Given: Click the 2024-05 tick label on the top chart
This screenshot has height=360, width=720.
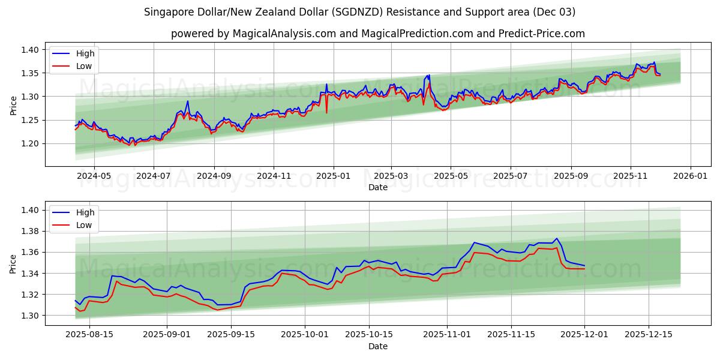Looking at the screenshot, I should [94, 176].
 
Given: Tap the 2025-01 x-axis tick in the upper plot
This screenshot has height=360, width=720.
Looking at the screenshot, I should [332, 176].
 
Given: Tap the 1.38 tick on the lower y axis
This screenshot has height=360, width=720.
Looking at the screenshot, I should [30, 231].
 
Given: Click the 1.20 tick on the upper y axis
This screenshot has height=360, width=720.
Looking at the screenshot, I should [30, 143].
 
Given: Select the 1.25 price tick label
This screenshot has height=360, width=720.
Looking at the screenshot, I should [30, 120].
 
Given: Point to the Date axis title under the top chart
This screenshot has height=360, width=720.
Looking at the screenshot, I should [378, 187].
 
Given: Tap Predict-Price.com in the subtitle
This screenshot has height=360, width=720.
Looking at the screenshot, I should [541, 34].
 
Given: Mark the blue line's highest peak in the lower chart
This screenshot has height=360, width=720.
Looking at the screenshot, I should [556, 238].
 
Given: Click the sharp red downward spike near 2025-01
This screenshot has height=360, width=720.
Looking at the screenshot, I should [326, 112].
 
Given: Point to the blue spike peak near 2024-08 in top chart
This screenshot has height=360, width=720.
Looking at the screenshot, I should [188, 101].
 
